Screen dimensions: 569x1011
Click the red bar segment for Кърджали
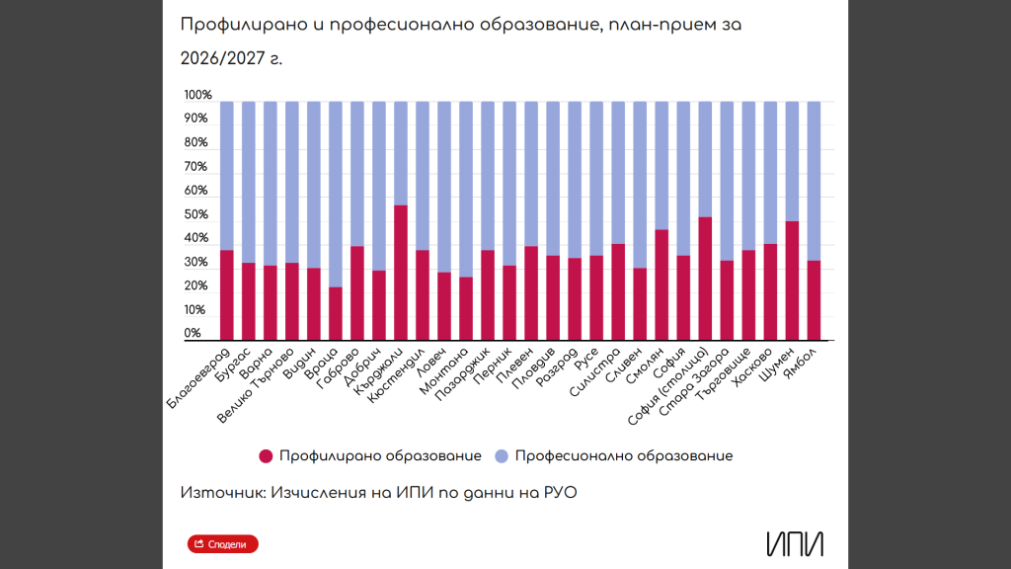coord(401,273)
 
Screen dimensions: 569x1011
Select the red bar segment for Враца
coord(336,313)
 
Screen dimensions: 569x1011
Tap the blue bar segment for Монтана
coord(466,189)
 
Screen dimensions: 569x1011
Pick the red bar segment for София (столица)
coord(705,279)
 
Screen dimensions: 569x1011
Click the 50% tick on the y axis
coord(197,215)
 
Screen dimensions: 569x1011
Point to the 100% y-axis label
coord(197,96)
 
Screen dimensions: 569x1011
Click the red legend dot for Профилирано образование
coord(266,456)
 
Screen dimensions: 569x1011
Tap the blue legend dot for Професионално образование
coord(502,456)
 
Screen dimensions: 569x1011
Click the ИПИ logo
coord(794,543)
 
